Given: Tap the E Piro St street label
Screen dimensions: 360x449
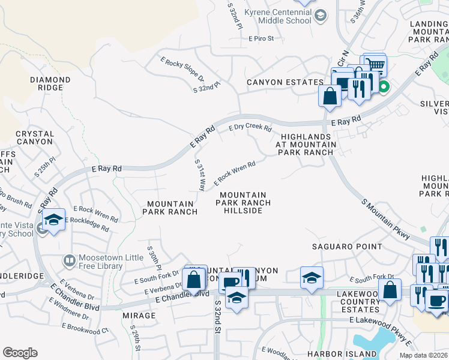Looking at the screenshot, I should [261, 38].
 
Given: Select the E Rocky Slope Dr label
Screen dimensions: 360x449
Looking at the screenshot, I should [182, 70].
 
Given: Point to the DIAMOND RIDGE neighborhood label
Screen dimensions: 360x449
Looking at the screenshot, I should [50, 83].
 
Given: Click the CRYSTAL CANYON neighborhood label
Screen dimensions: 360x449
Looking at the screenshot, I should [35, 137].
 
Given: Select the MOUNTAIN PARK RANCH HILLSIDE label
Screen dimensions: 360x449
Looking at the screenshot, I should [243, 203].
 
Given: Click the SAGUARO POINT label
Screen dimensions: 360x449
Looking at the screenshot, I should [347, 247].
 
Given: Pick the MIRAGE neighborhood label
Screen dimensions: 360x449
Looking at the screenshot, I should [140, 315].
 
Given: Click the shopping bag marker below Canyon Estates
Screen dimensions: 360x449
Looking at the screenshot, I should [330, 95].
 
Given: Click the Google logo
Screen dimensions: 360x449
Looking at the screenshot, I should [20, 353].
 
